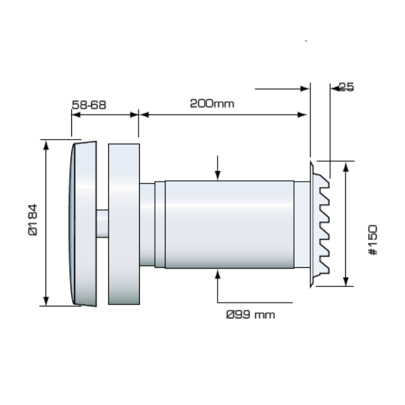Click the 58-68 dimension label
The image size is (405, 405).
click(x=89, y=105)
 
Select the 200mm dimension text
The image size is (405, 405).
click(x=212, y=104)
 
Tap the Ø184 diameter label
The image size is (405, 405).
click(x=33, y=220)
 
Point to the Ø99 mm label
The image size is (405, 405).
click(x=250, y=314)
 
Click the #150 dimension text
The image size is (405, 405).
click(x=373, y=240)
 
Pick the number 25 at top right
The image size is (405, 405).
click(x=346, y=87)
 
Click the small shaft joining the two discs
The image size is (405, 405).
click(x=102, y=224)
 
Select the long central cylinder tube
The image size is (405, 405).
click(x=230, y=224)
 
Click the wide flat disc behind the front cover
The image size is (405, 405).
click(x=124, y=224)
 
